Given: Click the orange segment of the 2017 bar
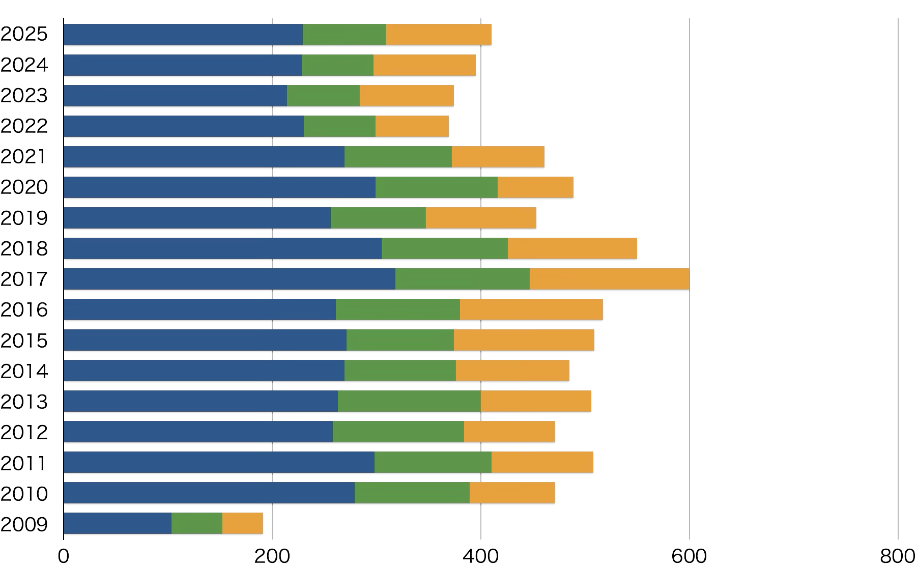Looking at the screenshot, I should [x=609, y=279].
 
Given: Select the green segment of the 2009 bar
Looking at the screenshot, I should [x=196, y=523].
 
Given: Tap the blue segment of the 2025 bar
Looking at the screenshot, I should [x=183, y=35].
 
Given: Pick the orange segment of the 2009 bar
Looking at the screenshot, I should [x=242, y=523].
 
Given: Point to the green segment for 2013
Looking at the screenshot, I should [x=409, y=401].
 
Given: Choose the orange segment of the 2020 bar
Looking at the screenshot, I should [x=535, y=187].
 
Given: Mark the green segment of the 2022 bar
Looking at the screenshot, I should [x=339, y=126].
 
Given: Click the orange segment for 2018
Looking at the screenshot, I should [x=572, y=248].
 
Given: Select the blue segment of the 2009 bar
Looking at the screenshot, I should [x=117, y=523].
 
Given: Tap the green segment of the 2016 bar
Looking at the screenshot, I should [x=397, y=309].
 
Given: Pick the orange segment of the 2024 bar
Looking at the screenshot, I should [x=424, y=65].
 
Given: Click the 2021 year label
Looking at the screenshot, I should [x=24, y=157].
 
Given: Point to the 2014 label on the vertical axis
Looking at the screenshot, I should [x=24, y=371].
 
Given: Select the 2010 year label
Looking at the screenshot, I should [x=24, y=493].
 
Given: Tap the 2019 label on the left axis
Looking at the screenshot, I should [x=24, y=218].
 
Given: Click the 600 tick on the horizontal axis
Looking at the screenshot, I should [x=689, y=556].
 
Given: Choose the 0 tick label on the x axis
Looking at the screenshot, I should [x=64, y=556].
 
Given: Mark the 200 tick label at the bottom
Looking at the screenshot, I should [x=272, y=556].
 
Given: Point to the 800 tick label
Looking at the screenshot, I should [x=898, y=556].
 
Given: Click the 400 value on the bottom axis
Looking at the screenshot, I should [x=481, y=556].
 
